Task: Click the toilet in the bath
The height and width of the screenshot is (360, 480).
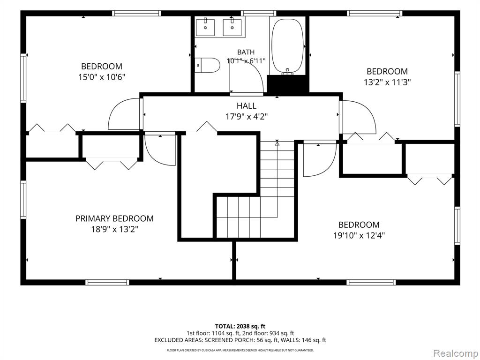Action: [208, 65]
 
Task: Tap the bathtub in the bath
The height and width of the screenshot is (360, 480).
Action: [287, 46]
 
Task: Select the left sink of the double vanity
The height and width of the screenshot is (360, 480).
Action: [205, 27]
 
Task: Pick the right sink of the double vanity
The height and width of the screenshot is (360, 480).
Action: [232, 27]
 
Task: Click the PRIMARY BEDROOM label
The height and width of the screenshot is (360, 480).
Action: [114, 218]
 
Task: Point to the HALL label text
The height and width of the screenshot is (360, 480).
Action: [247, 106]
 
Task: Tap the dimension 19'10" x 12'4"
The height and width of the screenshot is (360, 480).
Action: [359, 236]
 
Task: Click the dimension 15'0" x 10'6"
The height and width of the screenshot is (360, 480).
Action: [102, 77]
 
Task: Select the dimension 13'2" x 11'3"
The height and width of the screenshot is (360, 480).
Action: [387, 82]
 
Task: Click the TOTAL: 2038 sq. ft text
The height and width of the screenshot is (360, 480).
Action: [240, 326]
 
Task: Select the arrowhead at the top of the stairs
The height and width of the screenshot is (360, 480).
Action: [277, 142]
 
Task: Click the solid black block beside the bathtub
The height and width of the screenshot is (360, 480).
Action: [287, 83]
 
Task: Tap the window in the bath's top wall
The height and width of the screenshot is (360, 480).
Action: [258, 13]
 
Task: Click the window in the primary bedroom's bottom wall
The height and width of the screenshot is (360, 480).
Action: [107, 282]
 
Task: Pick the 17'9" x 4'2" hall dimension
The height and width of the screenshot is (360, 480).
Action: [247, 117]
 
